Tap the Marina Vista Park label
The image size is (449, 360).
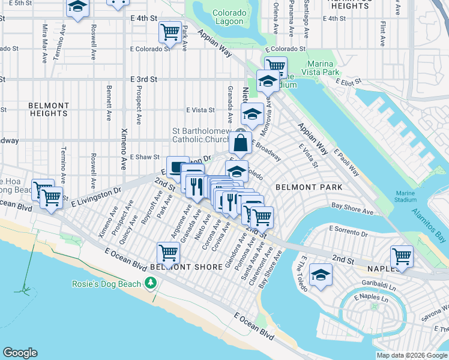coord(327,68)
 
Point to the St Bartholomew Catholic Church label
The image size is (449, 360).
coord(202,134)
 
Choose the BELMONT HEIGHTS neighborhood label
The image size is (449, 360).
coord(48,109)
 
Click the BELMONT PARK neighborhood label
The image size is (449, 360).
coord(309,187)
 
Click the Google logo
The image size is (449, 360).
coord(20,352)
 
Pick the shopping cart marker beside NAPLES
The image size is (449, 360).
coord(402,257)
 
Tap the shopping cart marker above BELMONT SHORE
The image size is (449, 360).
coord(169,253)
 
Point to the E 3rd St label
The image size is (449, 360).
coord(143,79)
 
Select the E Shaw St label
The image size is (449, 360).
coord(143,156)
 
